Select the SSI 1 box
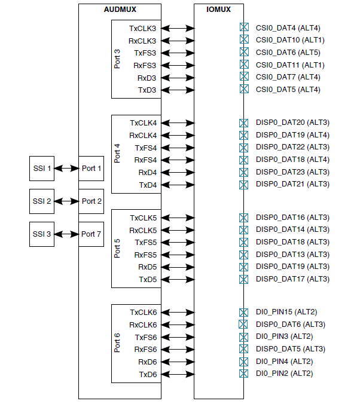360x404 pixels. [x=41, y=169]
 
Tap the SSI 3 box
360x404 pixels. [x=41, y=234]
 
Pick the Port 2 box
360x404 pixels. [x=91, y=201]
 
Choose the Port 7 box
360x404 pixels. [x=91, y=234]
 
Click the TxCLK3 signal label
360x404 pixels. [x=142, y=28]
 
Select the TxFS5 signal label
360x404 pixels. [x=145, y=242]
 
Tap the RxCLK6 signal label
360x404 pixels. [x=142, y=325]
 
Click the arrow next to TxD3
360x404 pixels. [x=178, y=90]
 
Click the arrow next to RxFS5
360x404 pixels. [x=178, y=255]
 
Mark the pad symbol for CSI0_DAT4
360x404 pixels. [x=243, y=27]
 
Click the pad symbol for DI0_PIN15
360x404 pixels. [x=243, y=312]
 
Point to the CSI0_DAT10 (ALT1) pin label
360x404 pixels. [x=290, y=40]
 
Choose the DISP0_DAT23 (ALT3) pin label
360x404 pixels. [x=292, y=172]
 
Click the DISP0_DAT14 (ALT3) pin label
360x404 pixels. [x=292, y=229]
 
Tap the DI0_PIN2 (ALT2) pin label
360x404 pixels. [x=284, y=374]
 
